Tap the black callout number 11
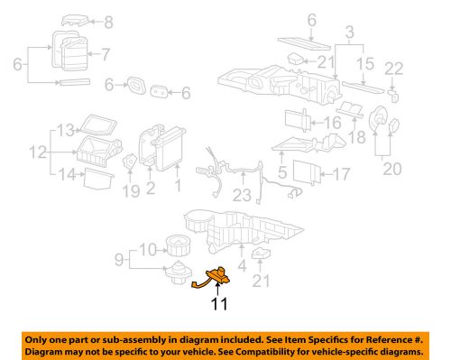click(219, 304)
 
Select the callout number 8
click(108, 23)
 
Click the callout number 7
click(106, 54)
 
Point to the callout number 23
click(242, 195)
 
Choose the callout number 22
click(394, 69)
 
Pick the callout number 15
click(365, 64)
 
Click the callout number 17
click(342, 174)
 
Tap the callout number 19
click(131, 191)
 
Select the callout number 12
click(38, 152)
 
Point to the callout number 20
click(392, 169)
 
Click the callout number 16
click(333, 123)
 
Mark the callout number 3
click(350, 32)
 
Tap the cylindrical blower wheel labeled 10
click(178, 245)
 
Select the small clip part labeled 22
click(394, 95)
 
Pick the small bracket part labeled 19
click(130, 162)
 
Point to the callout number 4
click(242, 266)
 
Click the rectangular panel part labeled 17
click(307, 172)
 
